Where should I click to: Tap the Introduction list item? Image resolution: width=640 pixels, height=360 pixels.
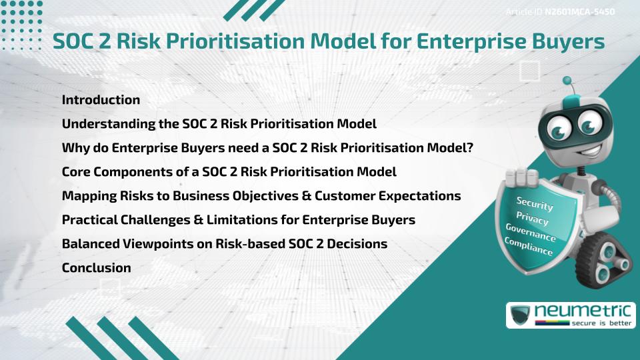pos(101,100)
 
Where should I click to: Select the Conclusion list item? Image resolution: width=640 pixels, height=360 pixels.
pos(96,268)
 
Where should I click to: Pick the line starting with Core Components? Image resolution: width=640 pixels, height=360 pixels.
pos(229,172)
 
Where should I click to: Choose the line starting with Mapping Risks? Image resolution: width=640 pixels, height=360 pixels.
pos(261,196)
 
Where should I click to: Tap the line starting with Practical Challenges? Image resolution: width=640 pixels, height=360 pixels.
pos(239,220)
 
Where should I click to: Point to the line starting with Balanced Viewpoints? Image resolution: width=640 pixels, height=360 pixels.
pos(225,244)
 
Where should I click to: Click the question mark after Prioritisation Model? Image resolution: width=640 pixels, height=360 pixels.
pos(470,148)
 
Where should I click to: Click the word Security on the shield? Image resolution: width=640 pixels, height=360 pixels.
pos(535,204)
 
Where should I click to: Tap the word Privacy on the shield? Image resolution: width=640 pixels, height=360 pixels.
pos(533,219)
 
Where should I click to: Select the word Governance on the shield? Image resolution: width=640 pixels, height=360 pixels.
pos(531,233)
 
